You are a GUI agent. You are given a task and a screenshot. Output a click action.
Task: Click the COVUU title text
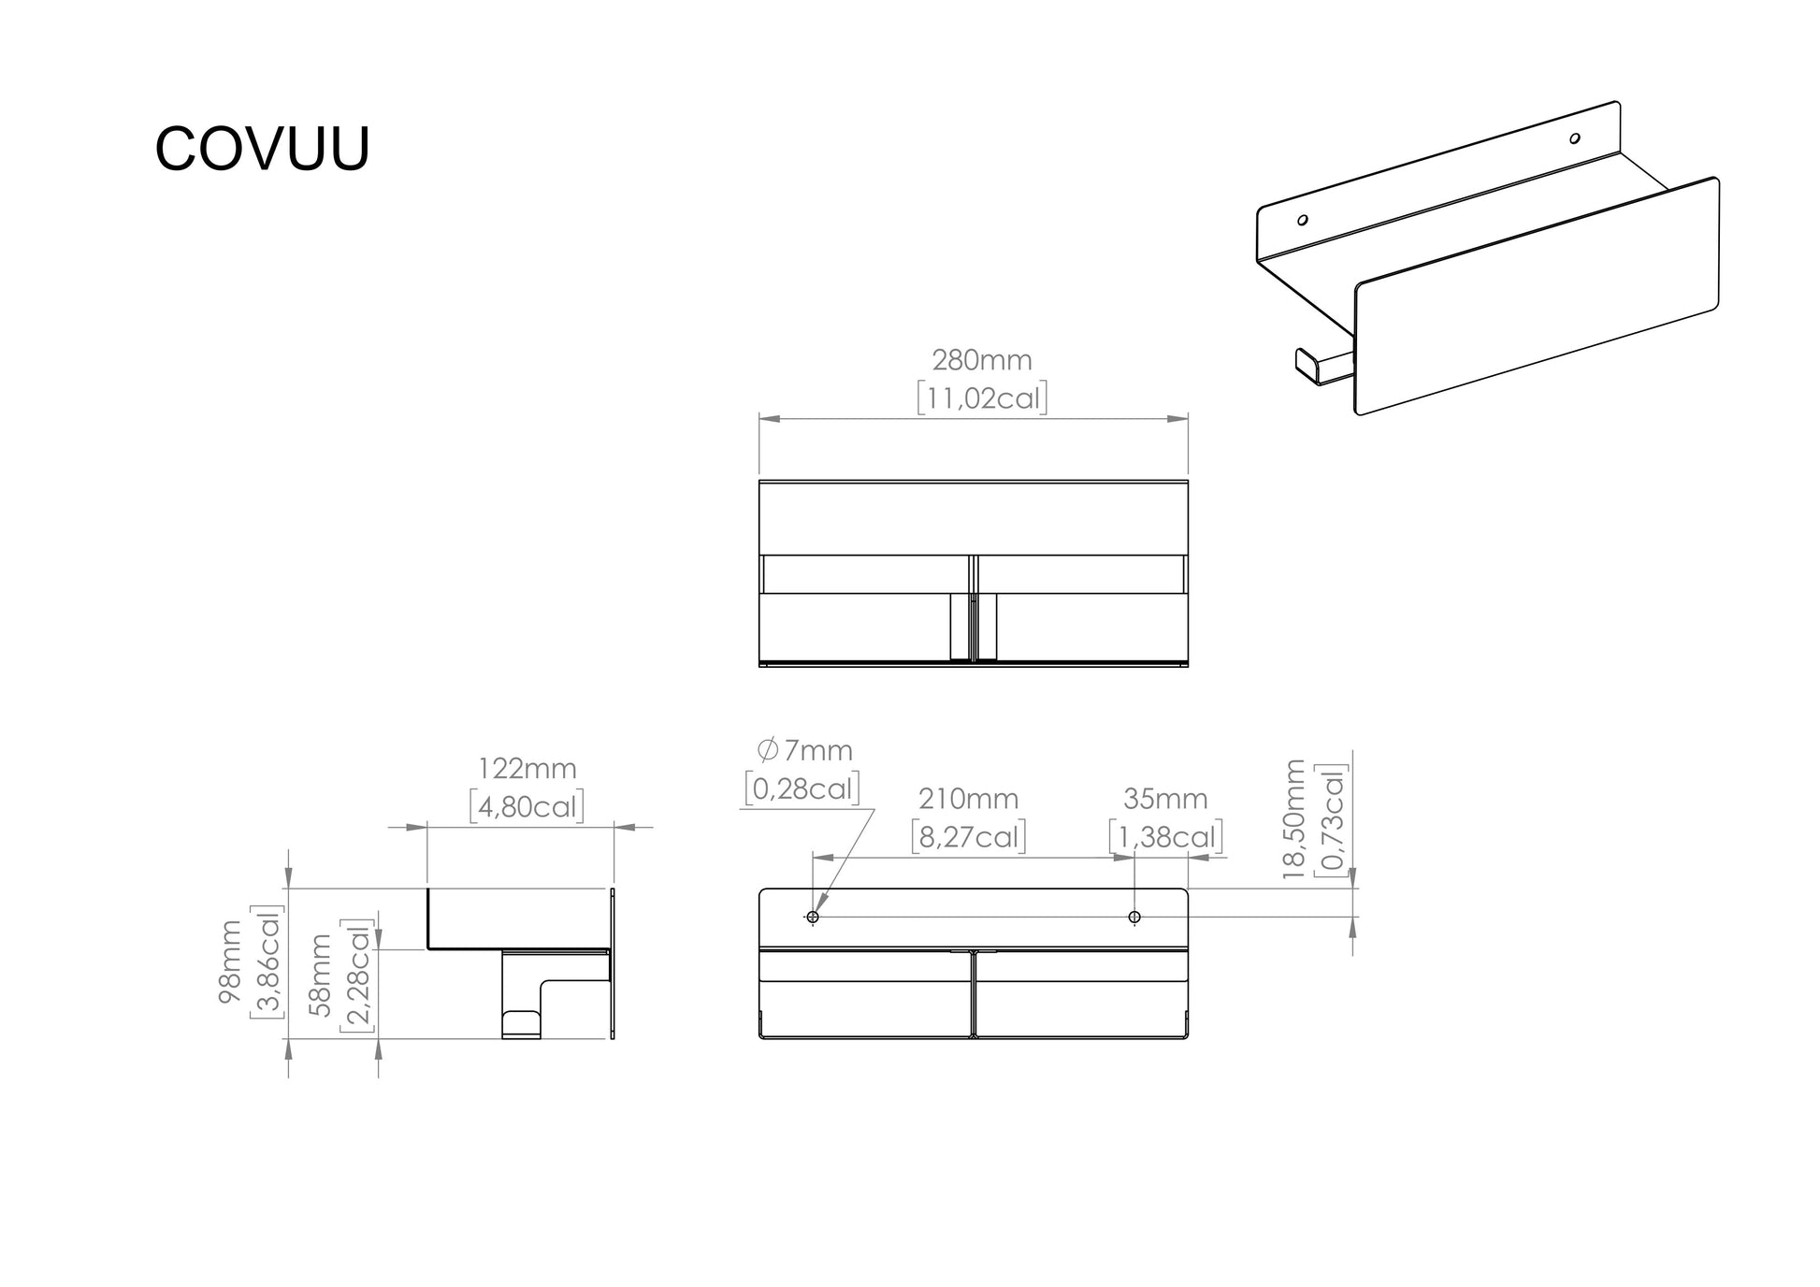(x=263, y=148)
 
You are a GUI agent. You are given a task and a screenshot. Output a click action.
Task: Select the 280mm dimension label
(x=982, y=360)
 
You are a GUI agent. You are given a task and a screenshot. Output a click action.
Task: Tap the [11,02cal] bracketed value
(x=982, y=398)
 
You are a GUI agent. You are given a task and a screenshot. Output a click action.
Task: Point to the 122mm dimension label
(x=527, y=769)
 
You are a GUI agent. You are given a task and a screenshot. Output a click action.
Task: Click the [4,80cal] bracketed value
(x=527, y=806)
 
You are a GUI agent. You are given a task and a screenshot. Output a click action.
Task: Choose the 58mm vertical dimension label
(x=321, y=976)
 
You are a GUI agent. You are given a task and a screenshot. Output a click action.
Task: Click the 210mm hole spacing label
(x=969, y=799)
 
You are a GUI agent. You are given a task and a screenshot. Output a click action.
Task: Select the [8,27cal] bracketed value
(x=969, y=836)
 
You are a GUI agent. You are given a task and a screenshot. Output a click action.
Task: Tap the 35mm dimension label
(x=1165, y=799)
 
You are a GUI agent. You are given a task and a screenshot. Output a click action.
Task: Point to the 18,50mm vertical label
(x=1293, y=819)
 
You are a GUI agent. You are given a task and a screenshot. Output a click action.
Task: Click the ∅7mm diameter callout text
(x=805, y=750)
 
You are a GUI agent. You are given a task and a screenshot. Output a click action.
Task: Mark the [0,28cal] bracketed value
(x=802, y=788)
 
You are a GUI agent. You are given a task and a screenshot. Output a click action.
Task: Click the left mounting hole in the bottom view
(x=813, y=917)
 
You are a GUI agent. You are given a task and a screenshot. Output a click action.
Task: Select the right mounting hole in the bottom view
(x=1134, y=917)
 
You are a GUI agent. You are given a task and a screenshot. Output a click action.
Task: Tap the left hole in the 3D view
(x=1302, y=221)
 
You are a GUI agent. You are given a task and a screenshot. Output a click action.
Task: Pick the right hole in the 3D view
(x=1575, y=138)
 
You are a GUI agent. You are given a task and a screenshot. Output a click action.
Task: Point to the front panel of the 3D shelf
(x=1537, y=296)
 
